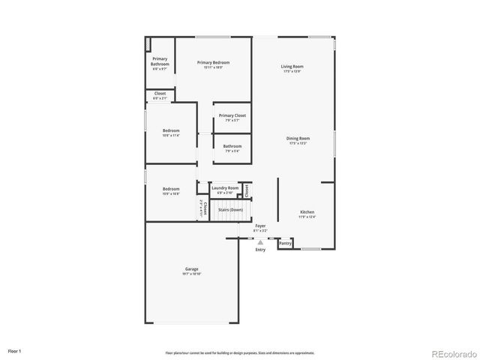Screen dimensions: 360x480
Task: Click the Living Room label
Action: [292, 67]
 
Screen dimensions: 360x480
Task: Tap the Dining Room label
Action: [298, 138]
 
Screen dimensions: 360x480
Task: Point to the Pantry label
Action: [286, 243]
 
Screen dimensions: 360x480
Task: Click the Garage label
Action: [192, 268]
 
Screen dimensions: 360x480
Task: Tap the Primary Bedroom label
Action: [213, 62]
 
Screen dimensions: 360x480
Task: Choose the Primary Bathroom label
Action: [160, 61]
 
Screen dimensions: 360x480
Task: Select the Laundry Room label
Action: [225, 188]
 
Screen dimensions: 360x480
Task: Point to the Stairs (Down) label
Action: [230, 210]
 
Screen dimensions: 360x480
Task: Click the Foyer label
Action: [260, 225]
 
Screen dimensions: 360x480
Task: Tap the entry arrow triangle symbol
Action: [260, 242]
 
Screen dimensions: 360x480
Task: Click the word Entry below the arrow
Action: [260, 250]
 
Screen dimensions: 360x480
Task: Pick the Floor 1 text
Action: [15, 350]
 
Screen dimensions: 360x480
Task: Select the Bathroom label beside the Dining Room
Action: [232, 146]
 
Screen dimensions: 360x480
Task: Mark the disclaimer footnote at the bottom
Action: [240, 352]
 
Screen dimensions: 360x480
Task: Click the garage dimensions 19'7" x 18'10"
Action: [192, 274]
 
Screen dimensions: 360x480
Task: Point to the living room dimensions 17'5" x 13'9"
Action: [292, 72]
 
